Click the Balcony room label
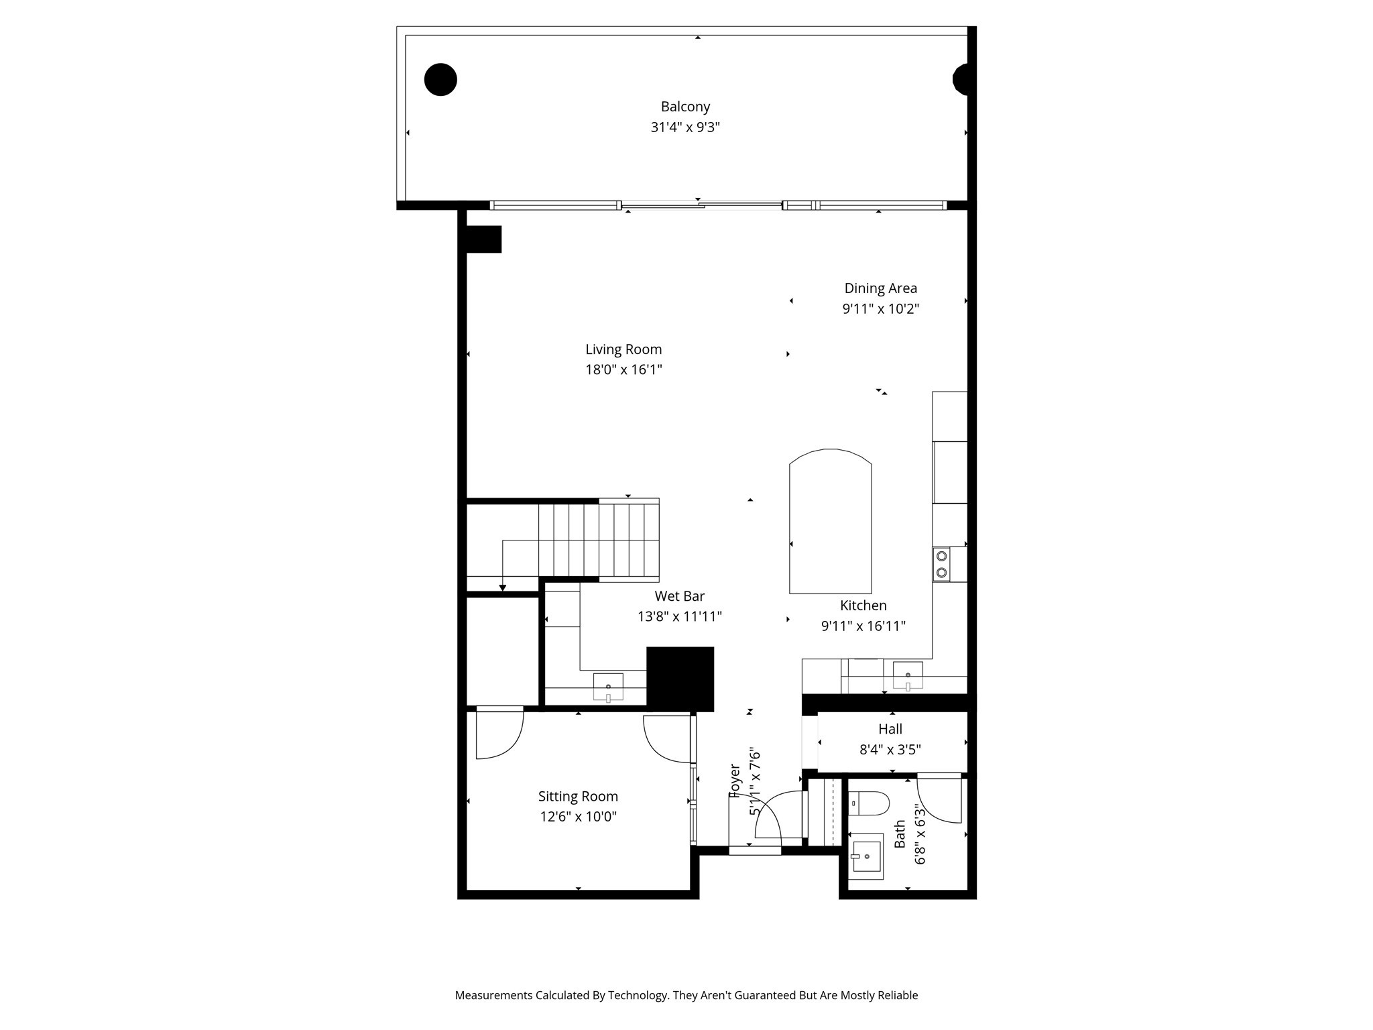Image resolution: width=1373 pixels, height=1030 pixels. pos(684,107)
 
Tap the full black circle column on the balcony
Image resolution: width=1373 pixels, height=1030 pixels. pos(440,79)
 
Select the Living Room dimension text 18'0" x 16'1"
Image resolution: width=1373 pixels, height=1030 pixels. pos(623,369)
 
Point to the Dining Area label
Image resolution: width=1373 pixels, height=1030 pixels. pos(880,288)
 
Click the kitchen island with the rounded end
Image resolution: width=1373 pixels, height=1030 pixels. pos(830,523)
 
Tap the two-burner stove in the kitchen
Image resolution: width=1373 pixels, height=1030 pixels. pos(941,564)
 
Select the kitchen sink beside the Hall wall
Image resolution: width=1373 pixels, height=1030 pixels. pos(907,675)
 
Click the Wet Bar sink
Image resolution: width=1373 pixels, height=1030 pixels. pos(608,687)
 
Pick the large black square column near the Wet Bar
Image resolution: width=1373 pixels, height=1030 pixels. pos(680,679)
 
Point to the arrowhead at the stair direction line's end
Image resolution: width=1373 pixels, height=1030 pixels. pos(502,588)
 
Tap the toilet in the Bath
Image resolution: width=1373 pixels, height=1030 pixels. pos(870,803)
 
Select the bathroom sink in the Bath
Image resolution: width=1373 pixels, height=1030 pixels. pos(866,856)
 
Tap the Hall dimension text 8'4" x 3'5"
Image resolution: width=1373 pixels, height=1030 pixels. pos(890,750)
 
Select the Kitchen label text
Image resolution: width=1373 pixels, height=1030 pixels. pos(863,606)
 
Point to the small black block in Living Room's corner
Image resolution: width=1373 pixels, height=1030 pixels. pos(483,239)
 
